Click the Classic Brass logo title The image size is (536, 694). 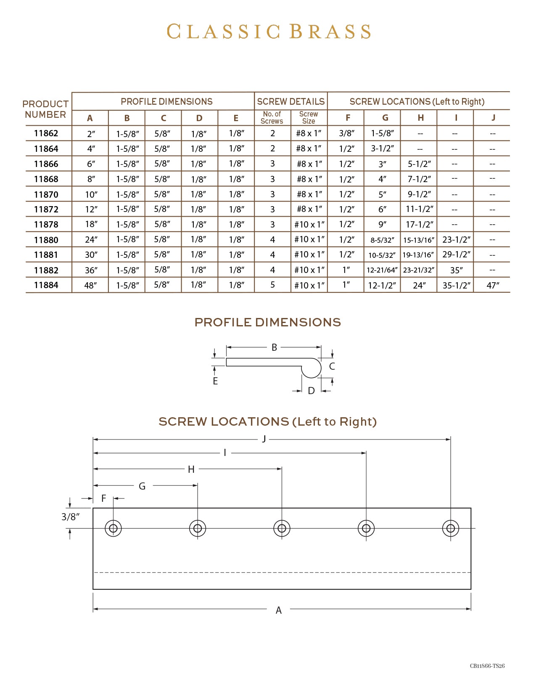269,32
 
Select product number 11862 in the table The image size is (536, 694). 46,133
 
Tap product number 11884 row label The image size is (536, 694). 46,285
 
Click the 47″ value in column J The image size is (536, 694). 493,286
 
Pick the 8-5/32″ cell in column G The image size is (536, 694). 382,240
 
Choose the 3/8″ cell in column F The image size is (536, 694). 347,133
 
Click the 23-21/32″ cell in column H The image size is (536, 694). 419,270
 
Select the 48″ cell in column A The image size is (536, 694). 90,286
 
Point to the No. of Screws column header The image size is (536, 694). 272,118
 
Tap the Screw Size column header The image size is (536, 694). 309,118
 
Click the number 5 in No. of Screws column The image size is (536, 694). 272,285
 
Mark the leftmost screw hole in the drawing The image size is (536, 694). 113,528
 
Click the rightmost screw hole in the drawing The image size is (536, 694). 451,528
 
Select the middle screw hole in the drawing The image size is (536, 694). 282,528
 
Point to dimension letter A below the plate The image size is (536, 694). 278,610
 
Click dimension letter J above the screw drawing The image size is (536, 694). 264,439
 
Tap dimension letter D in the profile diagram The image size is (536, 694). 311,391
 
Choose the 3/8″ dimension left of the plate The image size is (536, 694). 70,517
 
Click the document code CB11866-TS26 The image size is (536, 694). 487,666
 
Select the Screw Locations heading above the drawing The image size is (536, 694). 267,422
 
